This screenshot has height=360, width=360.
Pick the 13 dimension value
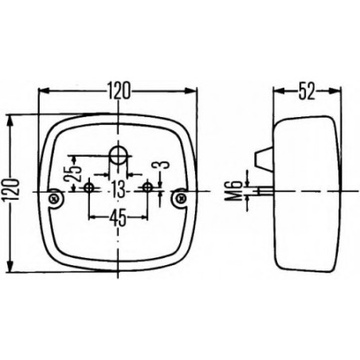coord(117,190)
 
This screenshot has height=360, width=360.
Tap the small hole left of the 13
coord(89,188)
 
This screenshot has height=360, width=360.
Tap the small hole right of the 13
coord(147,188)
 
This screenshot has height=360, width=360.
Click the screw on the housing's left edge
coord(54,197)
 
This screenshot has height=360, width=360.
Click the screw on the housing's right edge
coord(181,197)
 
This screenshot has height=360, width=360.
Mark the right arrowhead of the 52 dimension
coord(340,90)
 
